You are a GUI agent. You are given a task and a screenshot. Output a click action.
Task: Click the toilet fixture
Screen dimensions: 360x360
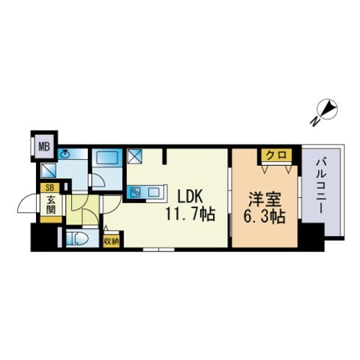click(x=78, y=239)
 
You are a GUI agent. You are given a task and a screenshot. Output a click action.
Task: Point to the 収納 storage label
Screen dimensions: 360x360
click(x=112, y=241)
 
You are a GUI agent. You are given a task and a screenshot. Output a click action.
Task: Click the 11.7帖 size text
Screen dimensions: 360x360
click(x=190, y=214)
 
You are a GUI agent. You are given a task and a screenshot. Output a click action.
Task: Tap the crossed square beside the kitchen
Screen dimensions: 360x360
click(x=136, y=156)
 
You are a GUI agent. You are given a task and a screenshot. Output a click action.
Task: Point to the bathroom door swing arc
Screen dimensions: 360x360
click(x=96, y=181)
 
